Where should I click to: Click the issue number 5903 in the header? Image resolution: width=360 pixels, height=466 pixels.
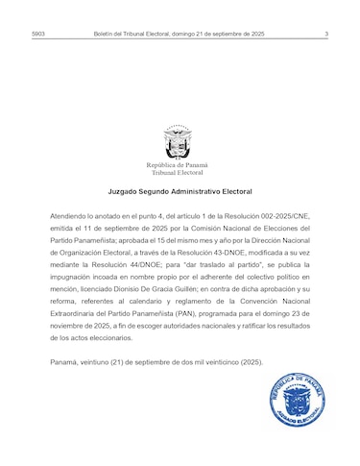38,34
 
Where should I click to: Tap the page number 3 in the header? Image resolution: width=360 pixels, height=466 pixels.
326,34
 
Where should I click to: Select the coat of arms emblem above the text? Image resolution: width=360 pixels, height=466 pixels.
178,142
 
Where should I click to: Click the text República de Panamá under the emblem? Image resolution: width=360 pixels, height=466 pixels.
178,165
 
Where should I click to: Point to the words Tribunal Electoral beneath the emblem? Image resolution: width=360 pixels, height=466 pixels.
178,173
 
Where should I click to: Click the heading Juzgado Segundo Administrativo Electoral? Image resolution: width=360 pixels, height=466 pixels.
180,192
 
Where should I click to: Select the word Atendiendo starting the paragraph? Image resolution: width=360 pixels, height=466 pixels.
69,218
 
